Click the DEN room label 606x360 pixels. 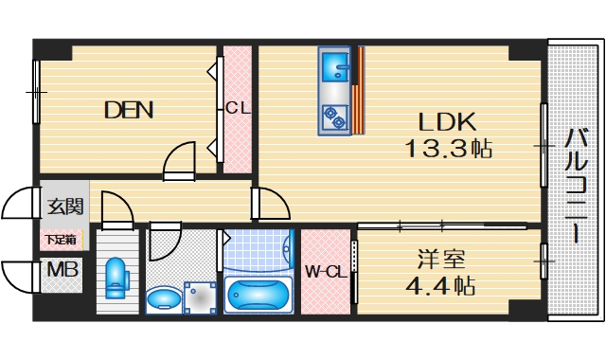pos(128,110)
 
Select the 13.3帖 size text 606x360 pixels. pos(449,149)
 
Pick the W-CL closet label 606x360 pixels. pos(325,273)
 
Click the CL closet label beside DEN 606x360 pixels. pos(237,108)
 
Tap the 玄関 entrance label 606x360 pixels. pos(65,206)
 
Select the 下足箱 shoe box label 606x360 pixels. pos(62,239)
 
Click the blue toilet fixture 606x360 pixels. pos(116,277)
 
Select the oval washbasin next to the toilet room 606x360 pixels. pos(166,300)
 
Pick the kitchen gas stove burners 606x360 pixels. pos(334,117)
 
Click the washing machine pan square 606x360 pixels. pos(200,297)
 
